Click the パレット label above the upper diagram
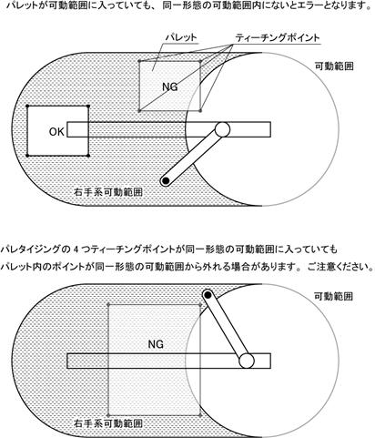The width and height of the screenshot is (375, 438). [x=181, y=37]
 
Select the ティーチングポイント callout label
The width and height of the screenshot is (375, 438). [x=278, y=37]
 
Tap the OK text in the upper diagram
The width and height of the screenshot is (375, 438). [x=56, y=132]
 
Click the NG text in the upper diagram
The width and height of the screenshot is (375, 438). [x=170, y=87]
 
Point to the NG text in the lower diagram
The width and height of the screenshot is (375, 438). [x=156, y=344]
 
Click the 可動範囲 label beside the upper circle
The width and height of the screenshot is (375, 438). [x=334, y=66]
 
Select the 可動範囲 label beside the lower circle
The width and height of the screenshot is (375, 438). [x=334, y=296]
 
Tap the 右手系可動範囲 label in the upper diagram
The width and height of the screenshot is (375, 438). [x=108, y=192]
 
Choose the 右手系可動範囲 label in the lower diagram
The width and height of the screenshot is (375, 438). [x=108, y=423]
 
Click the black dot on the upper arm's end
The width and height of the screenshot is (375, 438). [x=166, y=181]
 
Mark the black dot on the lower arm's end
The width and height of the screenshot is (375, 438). [x=208, y=294]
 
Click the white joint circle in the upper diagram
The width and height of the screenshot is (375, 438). [x=222, y=129]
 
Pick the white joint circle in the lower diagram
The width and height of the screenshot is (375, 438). [x=247, y=361]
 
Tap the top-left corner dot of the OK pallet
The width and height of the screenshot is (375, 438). [x=27, y=106]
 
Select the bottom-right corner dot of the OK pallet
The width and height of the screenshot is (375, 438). [x=88, y=156]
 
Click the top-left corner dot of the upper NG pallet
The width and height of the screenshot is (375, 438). [x=139, y=61]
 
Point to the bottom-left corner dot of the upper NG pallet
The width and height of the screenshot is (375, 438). [x=139, y=111]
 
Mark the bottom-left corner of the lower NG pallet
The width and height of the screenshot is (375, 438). [x=108, y=415]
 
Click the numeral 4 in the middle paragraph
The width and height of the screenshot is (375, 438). [x=76, y=250]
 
